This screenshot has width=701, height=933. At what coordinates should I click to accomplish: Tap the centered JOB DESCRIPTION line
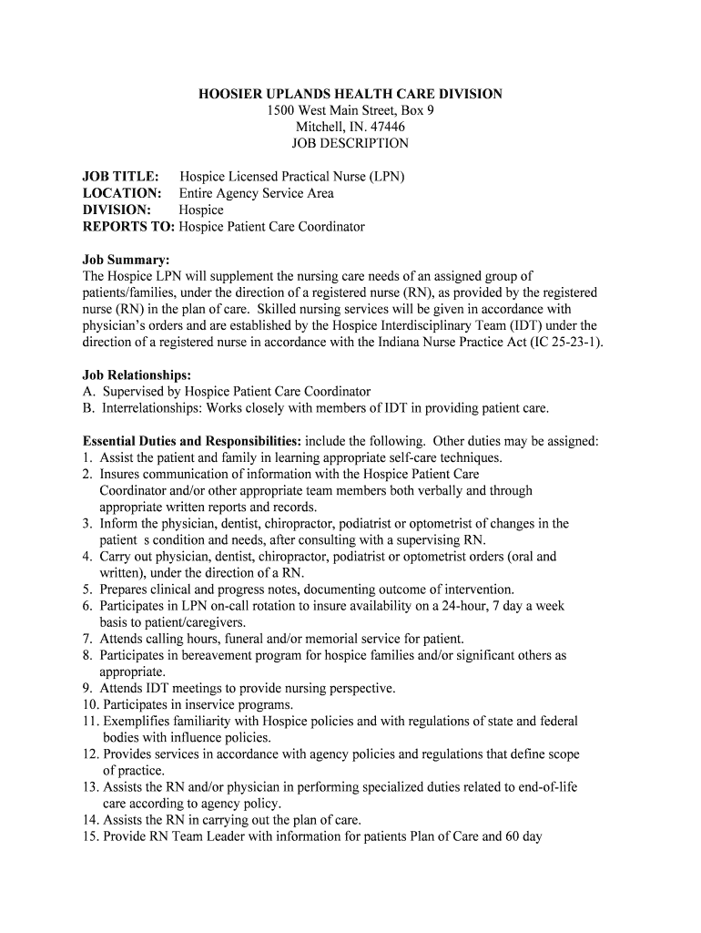point(350,143)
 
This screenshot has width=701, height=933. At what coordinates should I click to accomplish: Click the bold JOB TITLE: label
point(121,177)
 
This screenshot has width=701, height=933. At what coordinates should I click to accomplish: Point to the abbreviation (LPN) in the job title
point(384,177)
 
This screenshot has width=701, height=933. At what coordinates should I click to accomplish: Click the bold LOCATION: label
point(122,193)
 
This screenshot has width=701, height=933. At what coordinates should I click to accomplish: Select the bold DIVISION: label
point(117,210)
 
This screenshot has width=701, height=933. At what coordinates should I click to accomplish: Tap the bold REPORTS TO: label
point(128,226)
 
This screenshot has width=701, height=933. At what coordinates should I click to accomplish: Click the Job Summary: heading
point(127,260)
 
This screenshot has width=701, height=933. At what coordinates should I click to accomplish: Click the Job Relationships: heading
point(137,374)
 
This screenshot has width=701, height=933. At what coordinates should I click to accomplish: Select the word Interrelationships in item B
point(149,407)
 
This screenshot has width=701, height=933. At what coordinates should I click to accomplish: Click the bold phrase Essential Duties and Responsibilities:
point(192,441)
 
